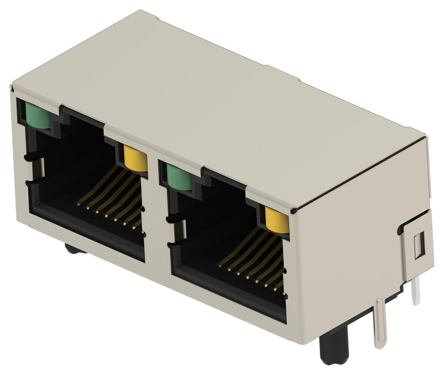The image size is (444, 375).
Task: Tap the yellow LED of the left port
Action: [x=135, y=158]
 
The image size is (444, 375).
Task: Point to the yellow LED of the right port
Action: [x=277, y=220]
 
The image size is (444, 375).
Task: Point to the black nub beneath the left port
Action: [x=75, y=249]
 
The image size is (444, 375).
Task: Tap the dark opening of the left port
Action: [x=72, y=166]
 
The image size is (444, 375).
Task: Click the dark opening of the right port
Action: [x=216, y=227]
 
